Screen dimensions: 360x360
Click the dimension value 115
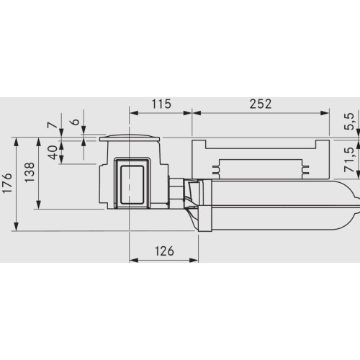[161, 104]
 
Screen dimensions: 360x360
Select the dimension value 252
[261, 104]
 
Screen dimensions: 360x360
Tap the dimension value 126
[164, 251]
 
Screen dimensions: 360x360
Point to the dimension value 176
[7, 183]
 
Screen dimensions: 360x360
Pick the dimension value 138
[30, 173]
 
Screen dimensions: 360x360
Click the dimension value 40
[53, 153]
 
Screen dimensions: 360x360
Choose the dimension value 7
[53, 125]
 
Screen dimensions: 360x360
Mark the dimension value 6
[76, 122]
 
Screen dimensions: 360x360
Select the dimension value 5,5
[349, 122]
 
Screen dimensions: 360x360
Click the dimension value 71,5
[349, 160]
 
